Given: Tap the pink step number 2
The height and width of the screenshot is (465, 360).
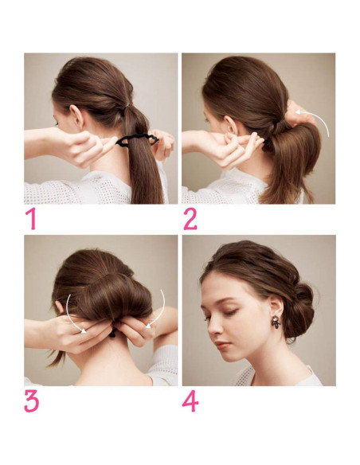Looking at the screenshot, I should (x=190, y=219).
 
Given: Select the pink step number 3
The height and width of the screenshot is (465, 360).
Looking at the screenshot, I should (x=32, y=401).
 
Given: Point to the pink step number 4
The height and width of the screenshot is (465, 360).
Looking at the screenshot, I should (x=190, y=401).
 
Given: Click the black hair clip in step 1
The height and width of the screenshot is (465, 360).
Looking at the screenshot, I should (x=137, y=141).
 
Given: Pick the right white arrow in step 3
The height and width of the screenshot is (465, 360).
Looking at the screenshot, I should (x=159, y=311).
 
